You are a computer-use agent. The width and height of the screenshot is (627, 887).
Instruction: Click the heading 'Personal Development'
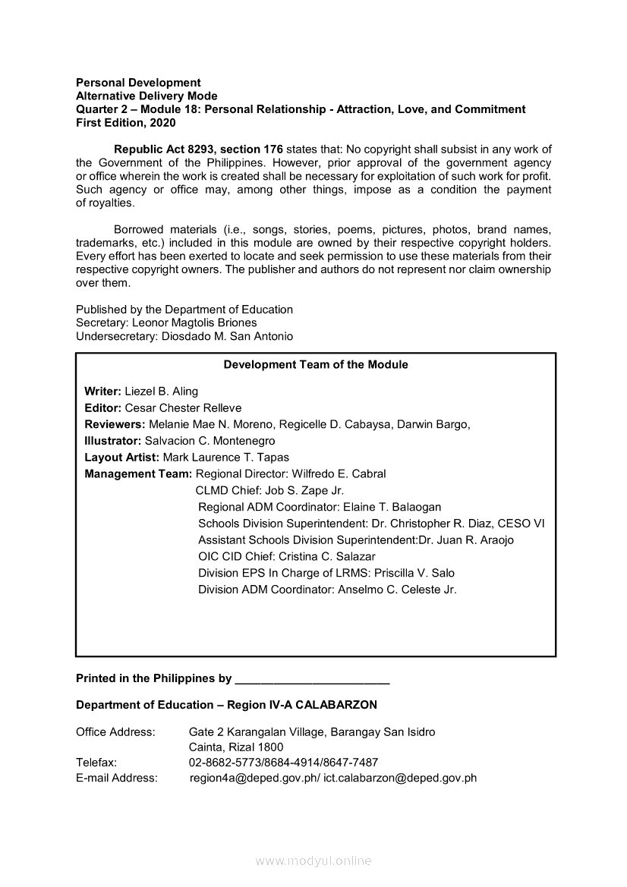(x=138, y=82)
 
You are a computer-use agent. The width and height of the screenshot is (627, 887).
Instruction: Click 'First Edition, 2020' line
(x=125, y=122)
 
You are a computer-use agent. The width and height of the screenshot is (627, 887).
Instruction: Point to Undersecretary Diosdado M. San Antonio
(x=228, y=336)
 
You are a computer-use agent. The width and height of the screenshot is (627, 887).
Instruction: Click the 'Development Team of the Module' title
(x=316, y=365)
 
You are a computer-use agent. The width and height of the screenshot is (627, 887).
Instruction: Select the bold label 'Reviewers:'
(x=115, y=424)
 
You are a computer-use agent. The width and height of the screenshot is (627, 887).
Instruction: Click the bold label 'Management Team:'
(x=138, y=473)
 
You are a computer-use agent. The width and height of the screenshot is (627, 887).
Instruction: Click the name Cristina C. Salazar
(x=322, y=556)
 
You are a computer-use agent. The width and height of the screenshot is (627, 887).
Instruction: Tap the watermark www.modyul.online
(x=313, y=861)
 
